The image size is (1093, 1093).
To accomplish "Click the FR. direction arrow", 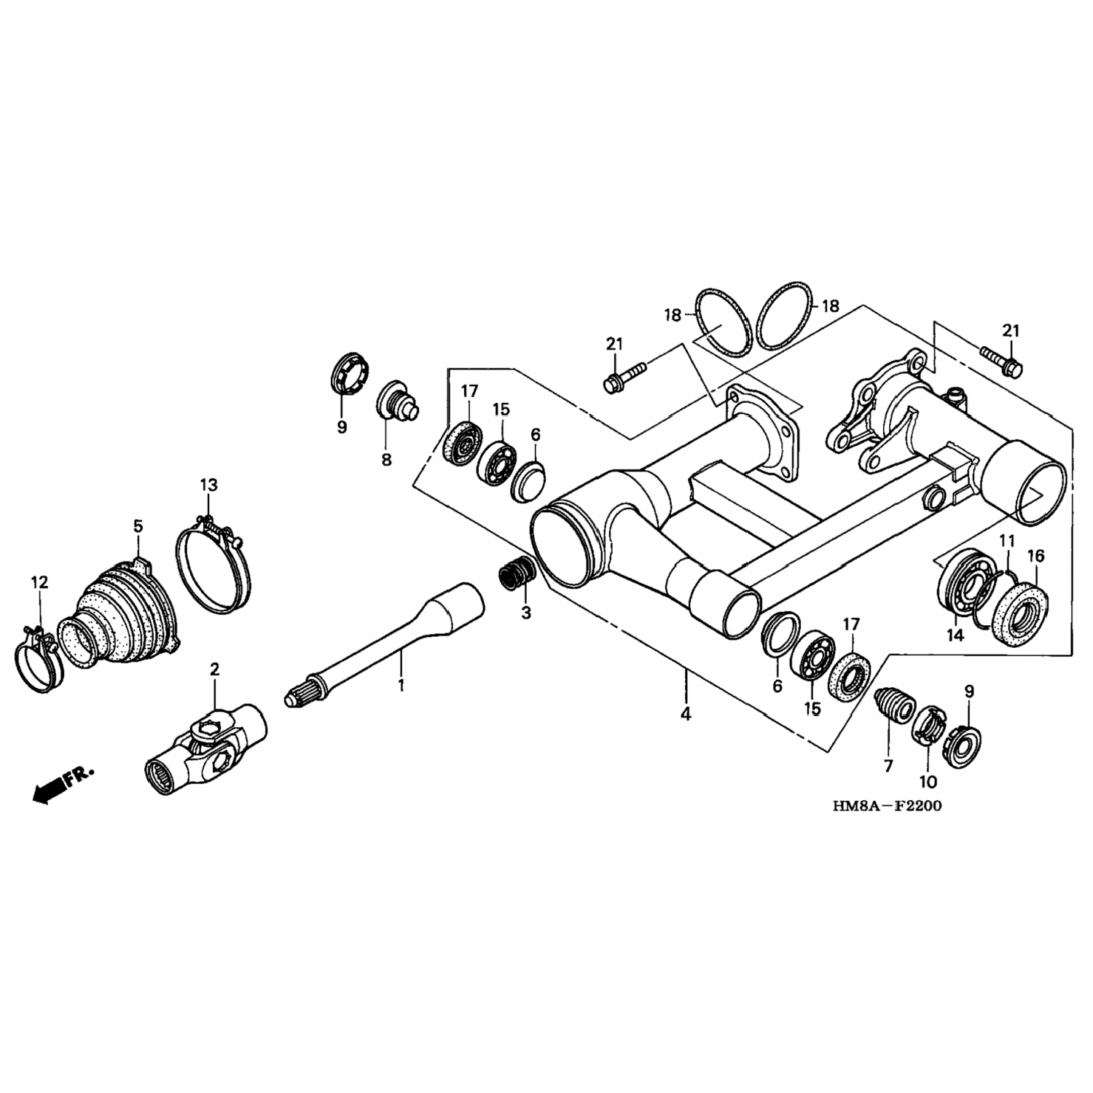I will coord(62,784).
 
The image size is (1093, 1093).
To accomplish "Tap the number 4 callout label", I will coord(685,714).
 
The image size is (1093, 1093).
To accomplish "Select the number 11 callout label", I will coord(1006,541).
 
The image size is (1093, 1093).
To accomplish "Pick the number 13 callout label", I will coord(208,485).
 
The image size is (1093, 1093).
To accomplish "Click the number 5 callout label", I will coord(138,526).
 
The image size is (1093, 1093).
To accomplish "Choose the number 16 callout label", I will coord(1035,556).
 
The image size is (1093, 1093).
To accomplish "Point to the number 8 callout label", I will coord(386,459).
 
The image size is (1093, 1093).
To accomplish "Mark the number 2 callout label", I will coord(214,668).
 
